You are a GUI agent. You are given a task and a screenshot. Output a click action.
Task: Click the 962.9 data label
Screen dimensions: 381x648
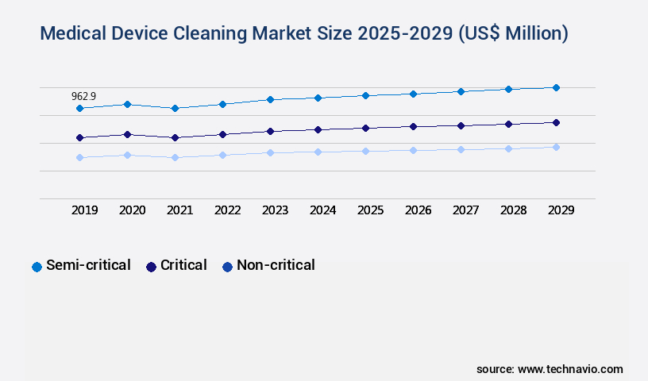pos(83,96)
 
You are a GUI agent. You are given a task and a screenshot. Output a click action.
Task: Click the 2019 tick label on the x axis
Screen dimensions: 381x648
pos(84,210)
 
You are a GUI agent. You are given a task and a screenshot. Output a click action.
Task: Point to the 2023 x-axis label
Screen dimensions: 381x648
pos(275,210)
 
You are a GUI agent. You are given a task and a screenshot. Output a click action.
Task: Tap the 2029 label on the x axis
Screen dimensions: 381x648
pos(561,210)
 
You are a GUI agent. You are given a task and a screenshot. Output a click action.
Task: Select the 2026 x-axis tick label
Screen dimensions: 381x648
pos(418,210)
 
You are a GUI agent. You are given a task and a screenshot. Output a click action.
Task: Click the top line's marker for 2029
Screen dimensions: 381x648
pos(556,87)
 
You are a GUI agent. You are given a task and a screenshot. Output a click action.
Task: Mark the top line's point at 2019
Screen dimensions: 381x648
pos(79,108)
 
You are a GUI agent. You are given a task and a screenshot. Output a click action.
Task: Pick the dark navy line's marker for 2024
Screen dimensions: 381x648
pos(318,129)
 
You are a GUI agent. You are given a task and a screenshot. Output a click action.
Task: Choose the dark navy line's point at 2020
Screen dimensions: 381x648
pos(127,134)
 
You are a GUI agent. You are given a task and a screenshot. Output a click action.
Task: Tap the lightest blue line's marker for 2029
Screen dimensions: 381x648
pos(556,147)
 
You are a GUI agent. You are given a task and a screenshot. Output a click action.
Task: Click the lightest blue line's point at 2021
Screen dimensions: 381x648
pos(175,157)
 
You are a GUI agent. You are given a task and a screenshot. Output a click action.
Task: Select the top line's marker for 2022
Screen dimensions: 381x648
pos(222,104)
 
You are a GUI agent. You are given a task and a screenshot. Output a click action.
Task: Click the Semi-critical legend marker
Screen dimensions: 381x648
pos(37,267)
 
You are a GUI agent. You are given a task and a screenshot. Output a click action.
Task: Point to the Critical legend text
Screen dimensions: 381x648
pos(183,266)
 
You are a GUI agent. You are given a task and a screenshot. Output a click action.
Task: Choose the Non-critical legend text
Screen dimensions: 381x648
pos(276,266)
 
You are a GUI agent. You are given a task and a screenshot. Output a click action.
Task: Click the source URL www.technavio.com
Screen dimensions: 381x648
pos(570,369)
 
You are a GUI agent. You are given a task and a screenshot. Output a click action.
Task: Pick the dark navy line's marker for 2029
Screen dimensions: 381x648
pos(556,122)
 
